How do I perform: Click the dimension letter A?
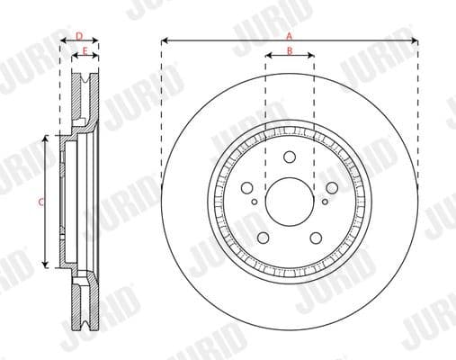coord(289,34)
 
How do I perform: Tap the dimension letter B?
coord(289,50)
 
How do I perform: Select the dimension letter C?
coord(40,202)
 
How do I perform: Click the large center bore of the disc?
coord(290,201)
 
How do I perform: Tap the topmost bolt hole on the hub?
coord(290,157)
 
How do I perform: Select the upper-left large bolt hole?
coord(247,187)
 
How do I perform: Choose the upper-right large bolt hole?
coord(332,187)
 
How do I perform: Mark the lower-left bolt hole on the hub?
coord(264,238)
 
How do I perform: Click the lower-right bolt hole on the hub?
coord(316,238)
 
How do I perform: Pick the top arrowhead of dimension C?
coord(47,139)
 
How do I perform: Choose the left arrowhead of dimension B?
coord(268,57)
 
